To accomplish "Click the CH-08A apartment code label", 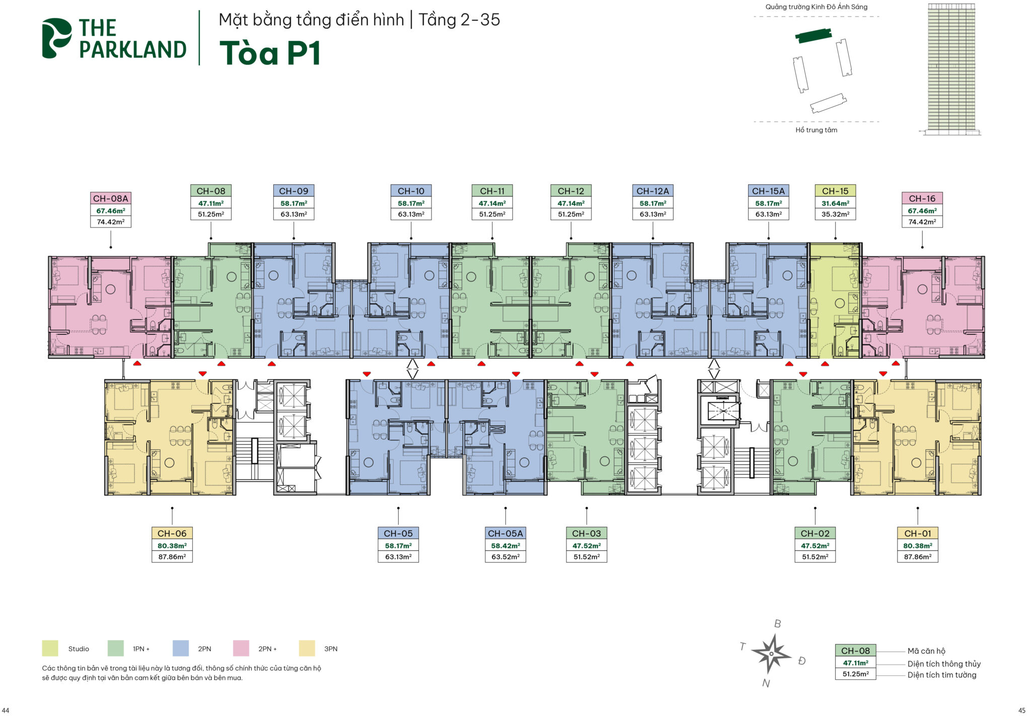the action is point(111,198).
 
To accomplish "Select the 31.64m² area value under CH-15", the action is point(835,203).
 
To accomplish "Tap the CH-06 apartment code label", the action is point(172,533).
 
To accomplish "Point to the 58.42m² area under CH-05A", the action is point(505,545).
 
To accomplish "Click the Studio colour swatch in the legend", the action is point(50,648).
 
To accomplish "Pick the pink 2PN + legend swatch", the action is point(241,648).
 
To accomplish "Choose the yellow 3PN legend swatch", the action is point(307,648).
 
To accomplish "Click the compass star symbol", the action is point(771,653).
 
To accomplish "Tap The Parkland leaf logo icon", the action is point(56,38).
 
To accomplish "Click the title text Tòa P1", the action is point(270,53).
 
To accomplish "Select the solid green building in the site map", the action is point(813,35).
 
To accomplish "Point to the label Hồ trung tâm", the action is point(816,130).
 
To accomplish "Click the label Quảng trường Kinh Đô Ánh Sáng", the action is point(817,7).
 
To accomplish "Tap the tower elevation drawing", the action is point(951,68).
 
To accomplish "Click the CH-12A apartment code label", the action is point(652,191).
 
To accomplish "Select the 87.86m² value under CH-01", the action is point(917,556).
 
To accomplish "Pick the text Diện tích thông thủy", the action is point(944,664).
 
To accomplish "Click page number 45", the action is point(1021,710).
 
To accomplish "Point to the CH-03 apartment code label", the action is point(586,533).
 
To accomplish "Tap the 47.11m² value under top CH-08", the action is point(211,203).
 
